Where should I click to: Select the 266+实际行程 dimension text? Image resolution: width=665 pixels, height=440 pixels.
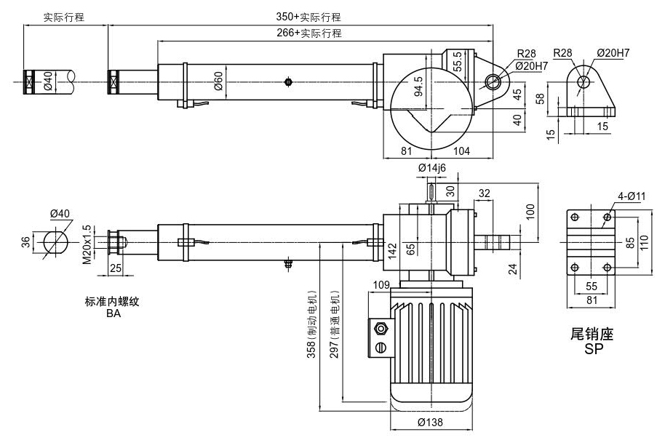click(308, 33)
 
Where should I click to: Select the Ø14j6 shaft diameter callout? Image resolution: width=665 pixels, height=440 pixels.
click(431, 169)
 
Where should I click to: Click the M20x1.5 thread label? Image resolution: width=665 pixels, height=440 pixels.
click(87, 244)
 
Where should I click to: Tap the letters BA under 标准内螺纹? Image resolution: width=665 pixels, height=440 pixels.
click(113, 314)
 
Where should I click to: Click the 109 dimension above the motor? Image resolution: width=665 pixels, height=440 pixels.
click(381, 283)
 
